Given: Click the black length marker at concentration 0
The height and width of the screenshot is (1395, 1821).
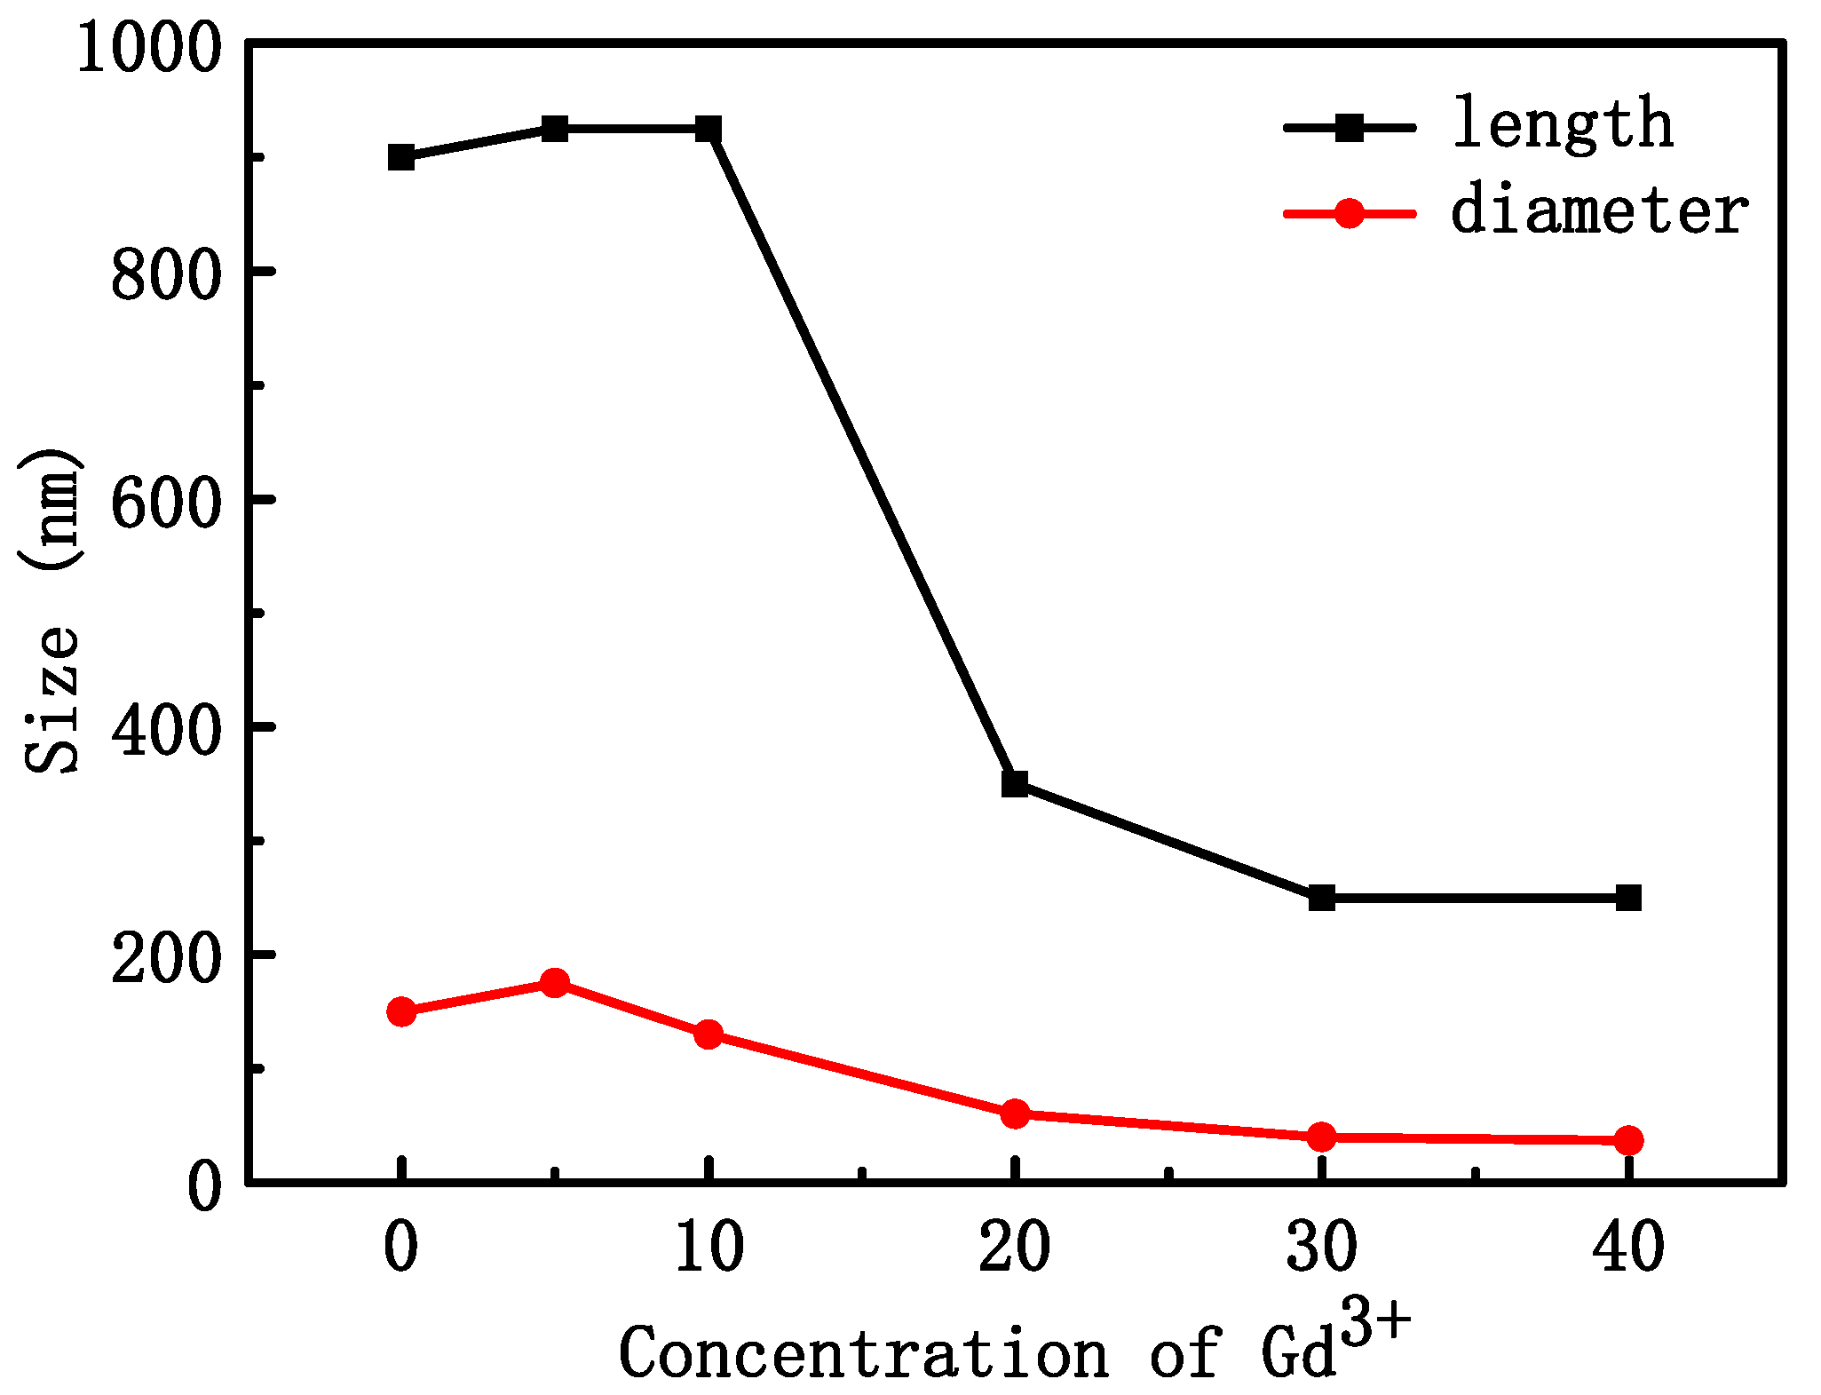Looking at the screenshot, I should click(401, 158).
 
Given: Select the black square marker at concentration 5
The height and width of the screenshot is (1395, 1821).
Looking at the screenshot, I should click(555, 130).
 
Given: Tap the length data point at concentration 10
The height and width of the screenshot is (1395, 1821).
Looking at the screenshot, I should click(709, 130).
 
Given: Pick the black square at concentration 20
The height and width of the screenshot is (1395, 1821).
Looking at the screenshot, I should click(1015, 784).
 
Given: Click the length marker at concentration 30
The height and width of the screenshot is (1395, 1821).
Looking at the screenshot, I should click(1322, 898).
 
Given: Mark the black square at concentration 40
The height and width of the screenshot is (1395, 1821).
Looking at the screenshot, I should click(1628, 898).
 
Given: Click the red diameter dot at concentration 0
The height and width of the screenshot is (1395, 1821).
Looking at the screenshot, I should click(401, 1011).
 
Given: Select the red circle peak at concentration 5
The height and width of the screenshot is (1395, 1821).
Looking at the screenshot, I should click(555, 983).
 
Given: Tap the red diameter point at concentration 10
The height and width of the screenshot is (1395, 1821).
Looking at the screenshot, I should click(709, 1034).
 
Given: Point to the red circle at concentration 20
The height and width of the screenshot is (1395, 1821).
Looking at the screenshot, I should click(1015, 1114).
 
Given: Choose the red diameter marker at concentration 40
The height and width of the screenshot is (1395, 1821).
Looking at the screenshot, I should click(1628, 1140).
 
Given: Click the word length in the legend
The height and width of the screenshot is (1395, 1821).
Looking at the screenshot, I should click(1563, 124).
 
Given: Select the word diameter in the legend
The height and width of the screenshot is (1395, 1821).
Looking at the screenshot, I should click(1599, 211).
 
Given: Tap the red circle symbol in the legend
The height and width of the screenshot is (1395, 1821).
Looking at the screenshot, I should click(1349, 213).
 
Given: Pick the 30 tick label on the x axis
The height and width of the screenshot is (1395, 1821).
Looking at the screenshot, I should click(1322, 1248).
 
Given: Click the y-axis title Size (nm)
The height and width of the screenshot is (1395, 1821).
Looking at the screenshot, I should click(51, 613).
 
